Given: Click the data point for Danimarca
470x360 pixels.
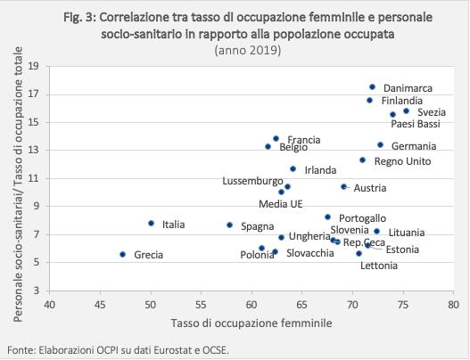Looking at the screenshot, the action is click(372, 86).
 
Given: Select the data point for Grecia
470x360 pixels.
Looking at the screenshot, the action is click(122, 254).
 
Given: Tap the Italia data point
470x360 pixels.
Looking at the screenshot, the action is click(151, 223).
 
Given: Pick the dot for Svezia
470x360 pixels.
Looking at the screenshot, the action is click(406, 111).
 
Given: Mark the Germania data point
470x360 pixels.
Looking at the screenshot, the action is click(381, 145).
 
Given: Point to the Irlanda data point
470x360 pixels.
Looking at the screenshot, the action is click(293, 169).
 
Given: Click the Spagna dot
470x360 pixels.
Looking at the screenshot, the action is click(229, 225).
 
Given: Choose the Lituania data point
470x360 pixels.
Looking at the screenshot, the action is click(377, 231).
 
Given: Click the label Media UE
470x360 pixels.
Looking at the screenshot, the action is click(281, 204).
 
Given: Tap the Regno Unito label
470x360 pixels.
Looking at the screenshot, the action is click(402, 161).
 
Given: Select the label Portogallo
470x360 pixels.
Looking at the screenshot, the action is click(362, 218).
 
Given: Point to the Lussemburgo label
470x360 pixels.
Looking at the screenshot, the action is click(252, 181).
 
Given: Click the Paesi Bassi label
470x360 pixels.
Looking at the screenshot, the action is click(416, 124).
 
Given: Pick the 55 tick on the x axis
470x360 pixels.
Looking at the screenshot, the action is click(201, 305).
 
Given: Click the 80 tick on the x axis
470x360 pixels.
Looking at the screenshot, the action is click(454, 305).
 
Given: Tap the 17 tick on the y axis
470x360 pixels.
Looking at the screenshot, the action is click(34, 94).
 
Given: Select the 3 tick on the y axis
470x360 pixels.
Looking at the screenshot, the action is click(37, 290).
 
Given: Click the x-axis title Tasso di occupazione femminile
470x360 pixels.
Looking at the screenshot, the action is click(251, 323).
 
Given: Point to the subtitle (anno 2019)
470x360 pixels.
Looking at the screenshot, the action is click(248, 50).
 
